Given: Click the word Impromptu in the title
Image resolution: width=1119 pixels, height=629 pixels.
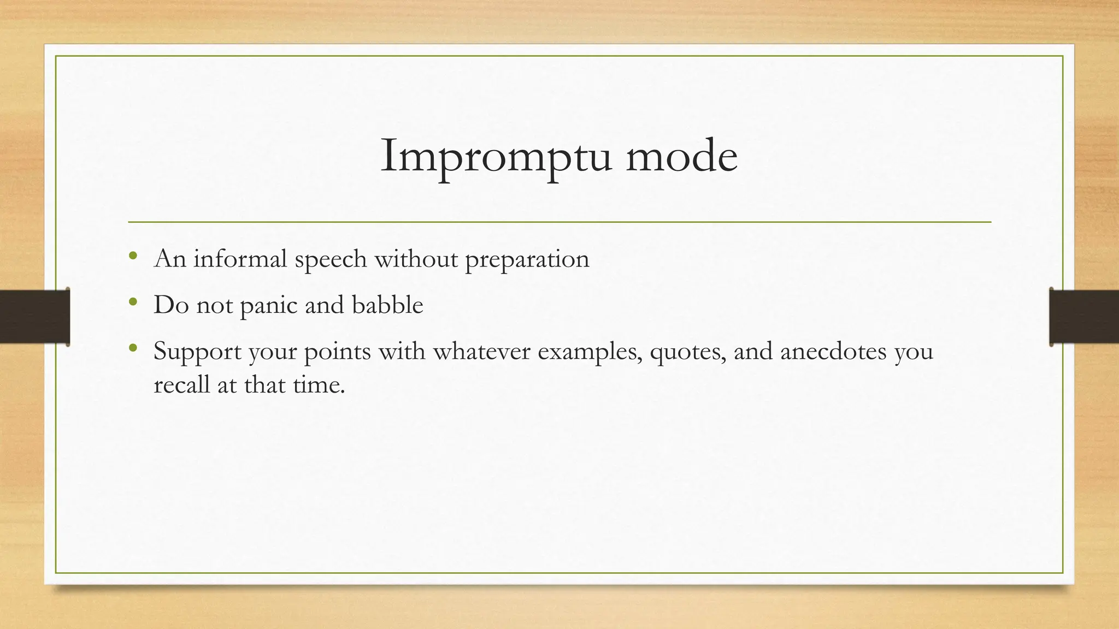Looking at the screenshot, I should click(495, 157).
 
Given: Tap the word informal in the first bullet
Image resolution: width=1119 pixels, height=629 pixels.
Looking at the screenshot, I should click(240, 258).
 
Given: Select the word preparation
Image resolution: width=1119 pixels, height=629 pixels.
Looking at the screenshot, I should click(527, 259).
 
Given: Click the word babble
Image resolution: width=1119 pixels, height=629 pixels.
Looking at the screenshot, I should click(387, 304).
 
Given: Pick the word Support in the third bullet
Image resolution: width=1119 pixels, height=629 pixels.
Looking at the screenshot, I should click(197, 352).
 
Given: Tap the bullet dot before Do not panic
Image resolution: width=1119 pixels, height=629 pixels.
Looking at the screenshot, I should click(133, 301).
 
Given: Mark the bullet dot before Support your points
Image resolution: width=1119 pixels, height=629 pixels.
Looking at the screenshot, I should click(133, 348).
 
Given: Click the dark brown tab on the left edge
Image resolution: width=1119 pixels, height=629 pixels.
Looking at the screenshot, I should click(34, 317).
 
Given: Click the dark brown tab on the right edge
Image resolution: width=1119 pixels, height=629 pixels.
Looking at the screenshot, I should click(1084, 317).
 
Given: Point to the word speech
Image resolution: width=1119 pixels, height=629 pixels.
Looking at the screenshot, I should click(331, 259).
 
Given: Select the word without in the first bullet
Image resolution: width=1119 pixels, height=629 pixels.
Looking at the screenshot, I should click(416, 258).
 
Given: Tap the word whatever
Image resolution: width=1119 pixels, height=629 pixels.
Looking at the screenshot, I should click(481, 351).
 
